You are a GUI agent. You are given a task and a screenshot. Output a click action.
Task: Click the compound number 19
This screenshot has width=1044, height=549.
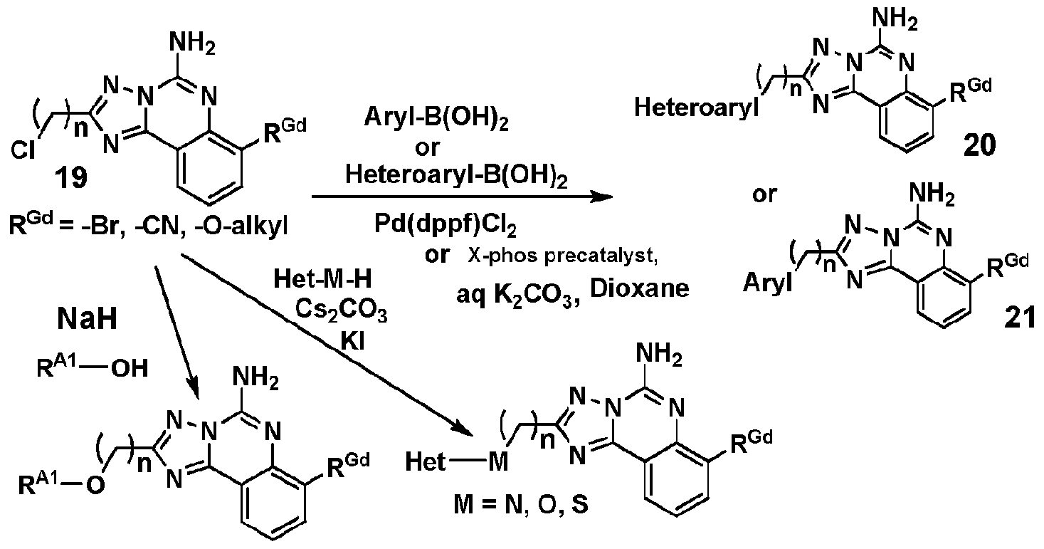click(72, 178)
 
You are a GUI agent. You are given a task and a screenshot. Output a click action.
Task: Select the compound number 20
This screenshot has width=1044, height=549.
click(979, 145)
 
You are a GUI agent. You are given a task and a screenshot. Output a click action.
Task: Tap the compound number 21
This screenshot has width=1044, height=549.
click(1019, 318)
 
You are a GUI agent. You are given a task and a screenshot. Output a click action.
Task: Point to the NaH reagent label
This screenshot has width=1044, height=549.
click(87, 320)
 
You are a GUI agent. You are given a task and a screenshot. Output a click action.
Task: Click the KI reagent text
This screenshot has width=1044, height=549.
click(352, 342)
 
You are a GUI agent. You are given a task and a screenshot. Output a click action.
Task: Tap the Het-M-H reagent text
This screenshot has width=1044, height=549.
click(322, 279)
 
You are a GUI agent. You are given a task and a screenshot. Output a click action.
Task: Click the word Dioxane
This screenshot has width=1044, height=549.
click(640, 288)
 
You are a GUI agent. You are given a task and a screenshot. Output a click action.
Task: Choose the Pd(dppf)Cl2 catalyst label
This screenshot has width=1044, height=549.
click(445, 225)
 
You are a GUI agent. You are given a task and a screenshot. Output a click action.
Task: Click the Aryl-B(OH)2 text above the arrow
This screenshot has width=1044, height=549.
click(436, 117)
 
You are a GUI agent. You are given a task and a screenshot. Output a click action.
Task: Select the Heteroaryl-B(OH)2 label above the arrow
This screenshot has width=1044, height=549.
click(456, 176)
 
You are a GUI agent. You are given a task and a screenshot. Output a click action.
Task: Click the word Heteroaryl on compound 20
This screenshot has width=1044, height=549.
click(696, 108)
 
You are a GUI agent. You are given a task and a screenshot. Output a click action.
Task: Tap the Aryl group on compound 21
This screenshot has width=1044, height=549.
click(768, 283)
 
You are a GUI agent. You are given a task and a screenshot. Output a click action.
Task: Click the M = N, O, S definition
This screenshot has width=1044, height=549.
click(521, 505)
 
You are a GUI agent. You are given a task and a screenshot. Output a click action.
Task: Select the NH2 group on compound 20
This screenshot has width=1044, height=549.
click(895, 20)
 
